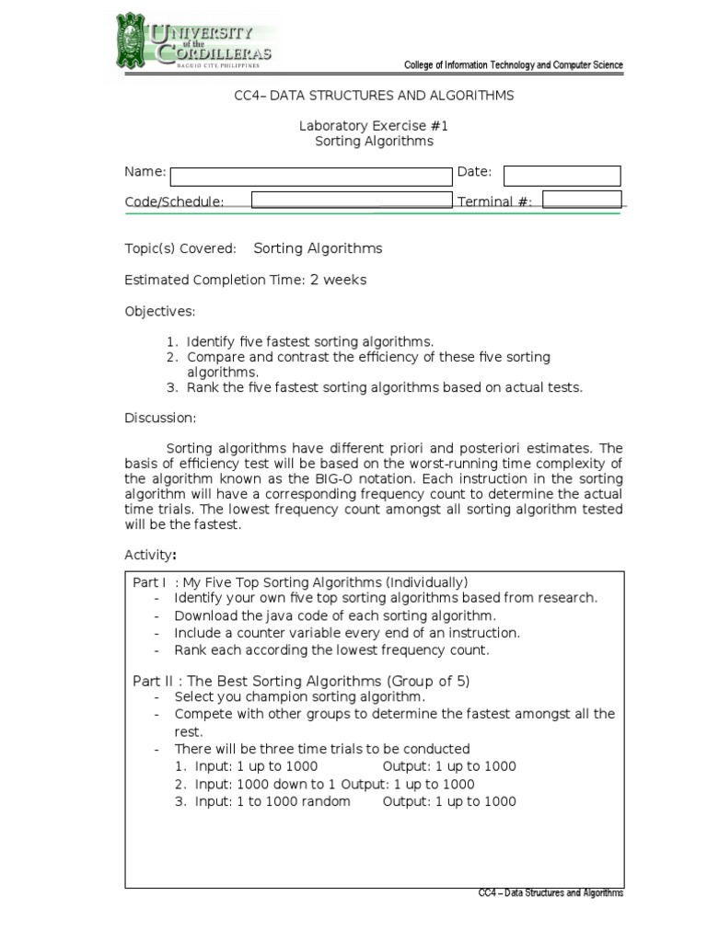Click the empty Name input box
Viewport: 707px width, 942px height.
(312, 176)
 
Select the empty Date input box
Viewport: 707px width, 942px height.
(562, 176)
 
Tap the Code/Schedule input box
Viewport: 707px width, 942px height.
(351, 201)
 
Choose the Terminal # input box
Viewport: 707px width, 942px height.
(582, 200)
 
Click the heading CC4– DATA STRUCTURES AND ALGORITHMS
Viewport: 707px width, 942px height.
(374, 95)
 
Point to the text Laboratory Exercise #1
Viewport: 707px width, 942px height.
(374, 126)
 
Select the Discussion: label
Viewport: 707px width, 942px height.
(161, 418)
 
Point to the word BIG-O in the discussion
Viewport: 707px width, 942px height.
(361, 480)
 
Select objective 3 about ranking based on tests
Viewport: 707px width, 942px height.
(384, 387)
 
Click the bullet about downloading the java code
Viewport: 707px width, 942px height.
(335, 615)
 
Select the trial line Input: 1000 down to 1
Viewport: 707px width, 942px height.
(334, 784)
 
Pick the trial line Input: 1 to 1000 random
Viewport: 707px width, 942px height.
(272, 801)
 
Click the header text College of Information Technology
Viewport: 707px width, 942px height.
(514, 65)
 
